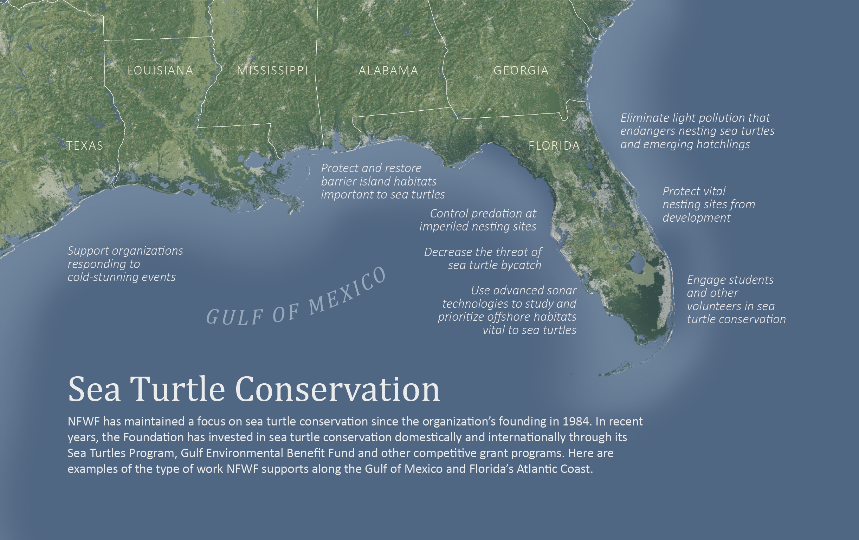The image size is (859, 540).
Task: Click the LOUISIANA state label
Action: tap(160, 70)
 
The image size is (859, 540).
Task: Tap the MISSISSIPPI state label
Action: tap(272, 70)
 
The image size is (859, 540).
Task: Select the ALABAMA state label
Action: tap(388, 70)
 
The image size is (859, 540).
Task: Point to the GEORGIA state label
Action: tap(521, 70)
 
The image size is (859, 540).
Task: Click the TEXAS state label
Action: tap(85, 145)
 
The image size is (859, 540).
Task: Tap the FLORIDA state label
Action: tap(554, 145)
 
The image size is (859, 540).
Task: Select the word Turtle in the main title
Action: tap(177, 389)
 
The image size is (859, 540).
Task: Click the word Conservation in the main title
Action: tap(337, 389)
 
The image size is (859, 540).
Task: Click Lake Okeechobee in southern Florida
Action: tap(636, 264)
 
